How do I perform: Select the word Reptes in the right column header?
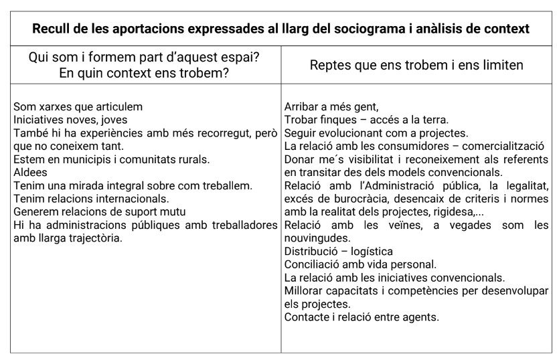(x=329, y=66)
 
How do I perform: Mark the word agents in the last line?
(x=421, y=317)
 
